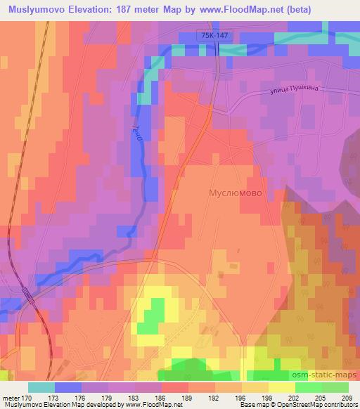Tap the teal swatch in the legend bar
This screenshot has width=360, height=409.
click(41, 387)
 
